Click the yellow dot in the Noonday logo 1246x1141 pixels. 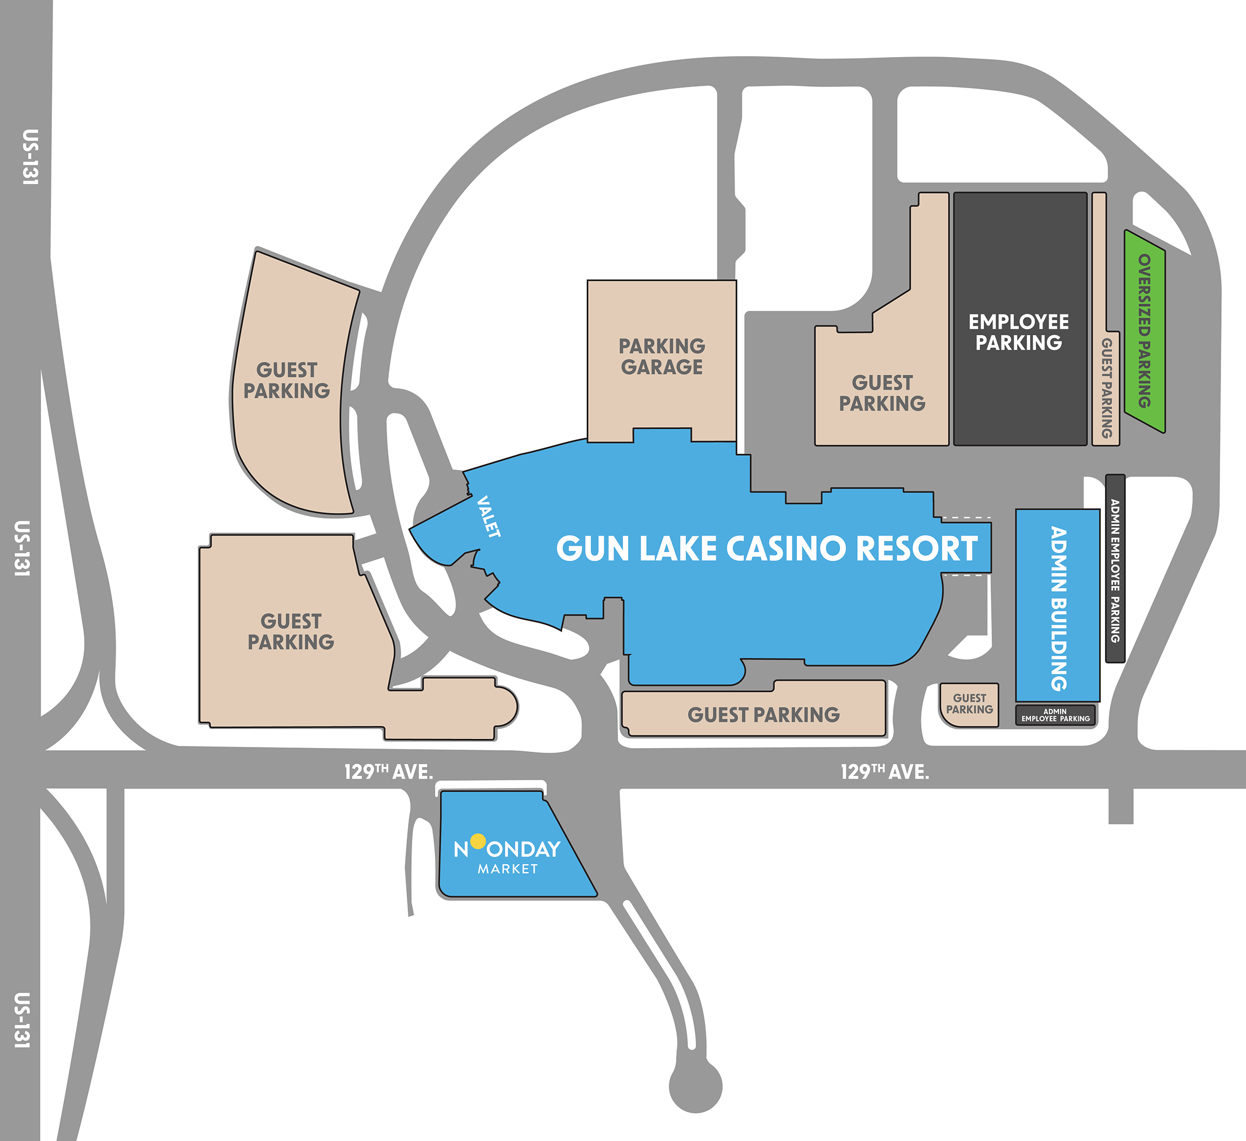click(x=478, y=840)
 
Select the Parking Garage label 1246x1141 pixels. click(x=661, y=356)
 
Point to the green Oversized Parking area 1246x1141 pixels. click(x=1145, y=331)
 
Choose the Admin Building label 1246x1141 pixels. click(x=1058, y=608)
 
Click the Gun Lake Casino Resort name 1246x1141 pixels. click(x=766, y=548)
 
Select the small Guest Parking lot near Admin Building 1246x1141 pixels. click(x=969, y=704)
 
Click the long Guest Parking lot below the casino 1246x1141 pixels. click(x=763, y=714)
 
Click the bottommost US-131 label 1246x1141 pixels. click(x=22, y=1020)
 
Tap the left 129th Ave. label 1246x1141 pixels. click(x=389, y=771)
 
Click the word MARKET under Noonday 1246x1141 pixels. click(x=507, y=869)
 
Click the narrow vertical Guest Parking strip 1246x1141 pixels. click(x=1106, y=387)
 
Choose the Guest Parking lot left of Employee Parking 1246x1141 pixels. click(x=882, y=393)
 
